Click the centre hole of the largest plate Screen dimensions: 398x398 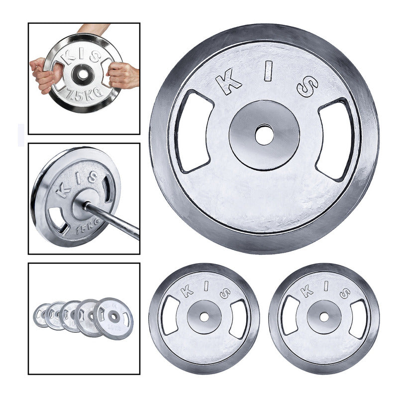tap(264, 135)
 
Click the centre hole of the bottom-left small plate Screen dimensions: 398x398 tap(204, 316)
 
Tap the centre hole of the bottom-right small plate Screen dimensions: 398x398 tap(324, 316)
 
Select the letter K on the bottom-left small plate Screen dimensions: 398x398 tap(187, 291)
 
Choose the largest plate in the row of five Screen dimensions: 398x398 tap(113, 317)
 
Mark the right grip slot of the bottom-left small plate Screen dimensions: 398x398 tap(238, 318)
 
